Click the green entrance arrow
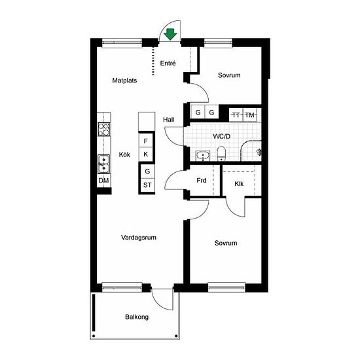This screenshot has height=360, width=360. click(x=170, y=34)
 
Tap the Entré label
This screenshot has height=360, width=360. click(x=168, y=63)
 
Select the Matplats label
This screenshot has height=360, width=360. click(x=124, y=81)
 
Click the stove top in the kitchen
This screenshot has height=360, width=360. click(x=104, y=129)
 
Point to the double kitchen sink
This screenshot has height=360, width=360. click(x=104, y=164)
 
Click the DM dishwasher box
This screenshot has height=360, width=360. click(x=103, y=181)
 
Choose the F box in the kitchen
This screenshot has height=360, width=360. click(x=145, y=141)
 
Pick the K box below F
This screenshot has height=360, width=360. click(x=145, y=154)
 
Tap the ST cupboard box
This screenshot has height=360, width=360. click(x=147, y=185)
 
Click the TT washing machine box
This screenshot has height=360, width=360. click(x=236, y=115)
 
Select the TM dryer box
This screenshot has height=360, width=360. click(x=250, y=115)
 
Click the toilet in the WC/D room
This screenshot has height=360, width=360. click(x=221, y=153)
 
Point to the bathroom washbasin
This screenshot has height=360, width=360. click(x=203, y=156)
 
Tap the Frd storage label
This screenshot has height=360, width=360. click(x=202, y=181)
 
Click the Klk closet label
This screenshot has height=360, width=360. click(x=239, y=184)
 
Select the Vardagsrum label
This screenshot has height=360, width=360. click(x=139, y=238)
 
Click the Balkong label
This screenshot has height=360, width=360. click(x=137, y=317)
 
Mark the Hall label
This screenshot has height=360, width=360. click(x=169, y=120)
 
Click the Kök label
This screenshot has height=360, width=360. click(x=124, y=154)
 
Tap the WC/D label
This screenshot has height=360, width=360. click(x=221, y=136)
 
